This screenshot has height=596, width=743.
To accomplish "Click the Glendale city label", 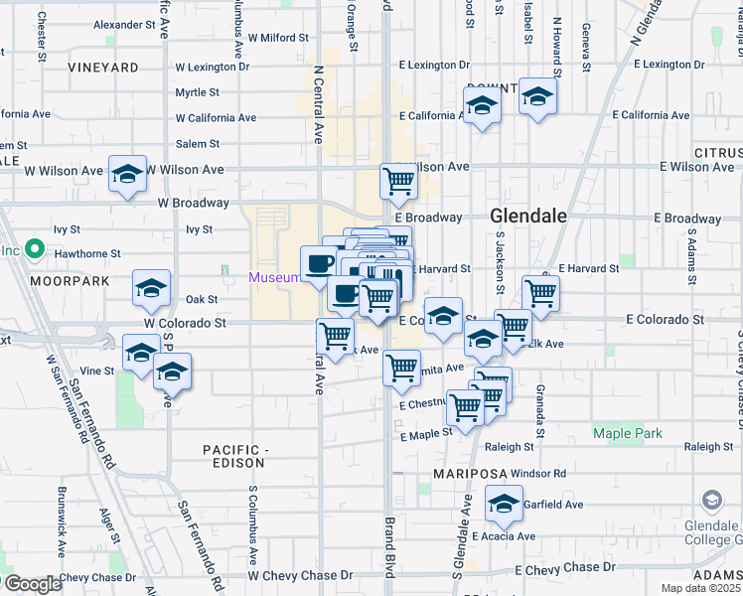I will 527,216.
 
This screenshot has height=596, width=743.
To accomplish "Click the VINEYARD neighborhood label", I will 103,68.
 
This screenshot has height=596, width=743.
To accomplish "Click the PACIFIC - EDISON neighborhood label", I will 234,456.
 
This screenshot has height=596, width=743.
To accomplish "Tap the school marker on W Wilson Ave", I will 127,175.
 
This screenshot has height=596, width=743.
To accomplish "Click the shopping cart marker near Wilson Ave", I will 398,181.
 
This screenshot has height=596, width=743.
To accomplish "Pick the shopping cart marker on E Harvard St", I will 540,293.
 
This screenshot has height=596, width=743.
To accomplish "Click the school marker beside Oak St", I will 151,288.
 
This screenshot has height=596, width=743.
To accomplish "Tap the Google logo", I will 33,583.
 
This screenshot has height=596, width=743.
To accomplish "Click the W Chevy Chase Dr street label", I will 300,575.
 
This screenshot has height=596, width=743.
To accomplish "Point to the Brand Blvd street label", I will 390,547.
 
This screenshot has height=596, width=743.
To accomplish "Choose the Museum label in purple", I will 273,277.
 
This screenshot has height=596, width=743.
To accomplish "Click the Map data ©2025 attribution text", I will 700,588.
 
